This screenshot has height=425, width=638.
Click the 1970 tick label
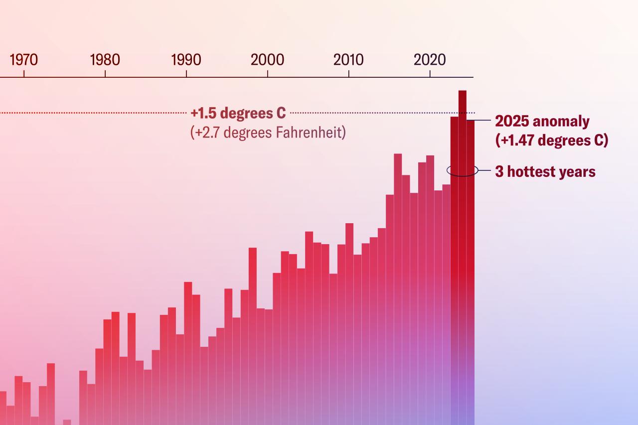coord(23,60)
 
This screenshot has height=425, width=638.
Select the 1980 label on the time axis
coord(105,60)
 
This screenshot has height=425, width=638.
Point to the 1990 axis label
coord(186,60)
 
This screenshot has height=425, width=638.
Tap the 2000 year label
coord(267,60)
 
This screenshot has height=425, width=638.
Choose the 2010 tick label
coord(348,60)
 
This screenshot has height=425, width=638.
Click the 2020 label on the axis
coord(430,60)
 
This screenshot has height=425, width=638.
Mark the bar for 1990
coord(188,349)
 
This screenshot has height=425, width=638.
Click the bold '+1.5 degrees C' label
coord(238,113)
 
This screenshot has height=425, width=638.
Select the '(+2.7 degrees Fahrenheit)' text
coord(268,133)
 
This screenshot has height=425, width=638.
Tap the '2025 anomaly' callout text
coord(542,122)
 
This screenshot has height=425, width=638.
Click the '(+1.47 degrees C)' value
coord(552,141)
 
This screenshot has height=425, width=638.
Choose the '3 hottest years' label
coord(545,172)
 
